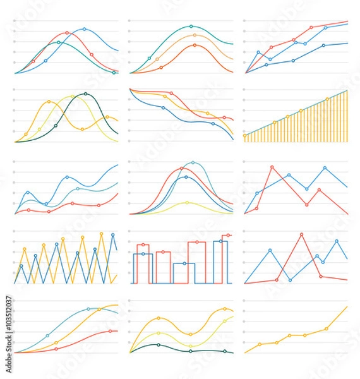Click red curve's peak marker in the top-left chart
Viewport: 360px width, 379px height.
point(67,32)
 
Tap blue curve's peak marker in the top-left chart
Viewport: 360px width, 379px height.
point(85,29)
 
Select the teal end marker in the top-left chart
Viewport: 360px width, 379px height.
point(114,73)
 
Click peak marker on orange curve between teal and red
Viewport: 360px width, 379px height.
point(194,35)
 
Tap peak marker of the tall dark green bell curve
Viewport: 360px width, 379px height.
point(86,94)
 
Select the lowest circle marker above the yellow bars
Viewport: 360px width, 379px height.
point(245,135)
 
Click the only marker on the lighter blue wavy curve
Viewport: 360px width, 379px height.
point(77,189)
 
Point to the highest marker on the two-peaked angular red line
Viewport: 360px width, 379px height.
point(272,167)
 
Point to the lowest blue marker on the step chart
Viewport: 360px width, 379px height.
point(184,263)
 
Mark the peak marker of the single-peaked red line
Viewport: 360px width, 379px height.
point(301,234)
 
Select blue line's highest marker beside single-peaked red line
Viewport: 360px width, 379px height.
point(337,241)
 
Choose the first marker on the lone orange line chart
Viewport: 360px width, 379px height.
point(260,344)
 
